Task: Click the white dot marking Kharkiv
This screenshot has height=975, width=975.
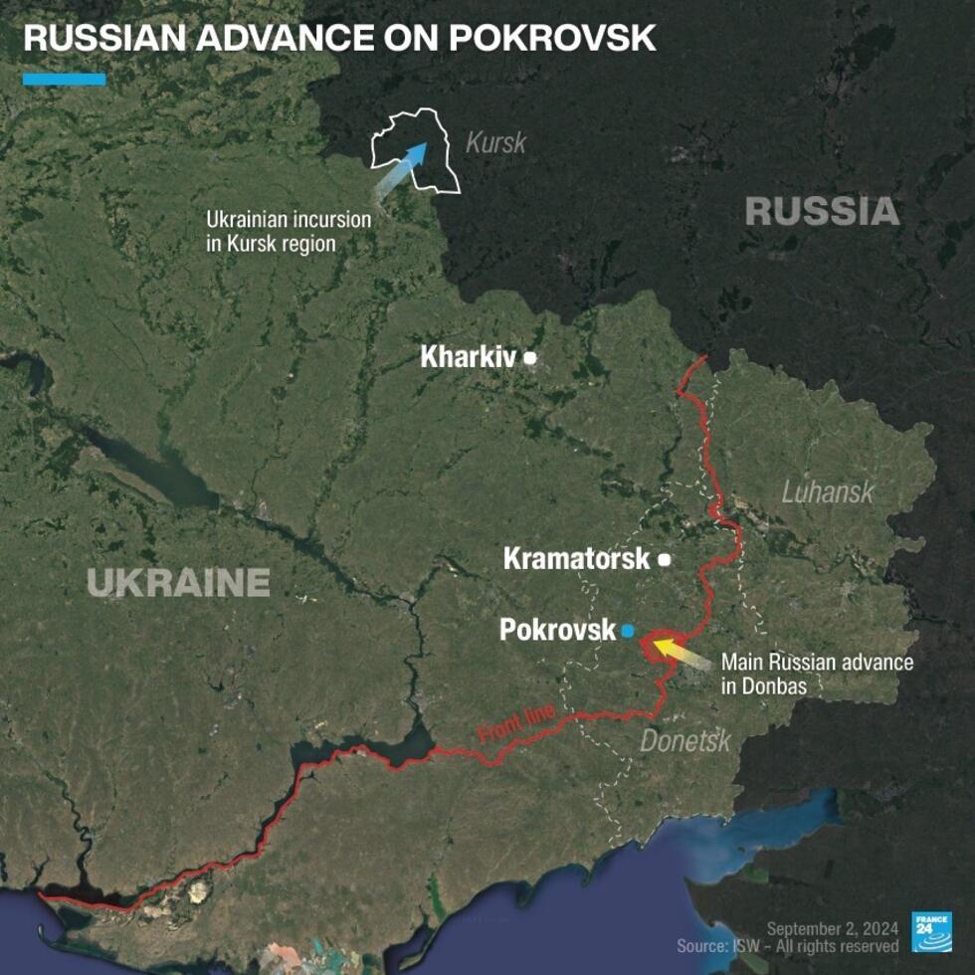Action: tap(530, 357)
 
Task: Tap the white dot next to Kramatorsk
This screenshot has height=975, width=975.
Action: tap(665, 560)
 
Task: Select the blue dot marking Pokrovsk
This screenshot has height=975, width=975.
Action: tap(628, 631)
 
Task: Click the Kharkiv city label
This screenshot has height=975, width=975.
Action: tap(469, 357)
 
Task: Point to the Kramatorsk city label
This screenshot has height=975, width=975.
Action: tap(576, 559)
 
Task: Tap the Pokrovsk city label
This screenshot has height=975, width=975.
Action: tap(557, 631)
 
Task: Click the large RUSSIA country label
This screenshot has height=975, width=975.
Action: tap(822, 211)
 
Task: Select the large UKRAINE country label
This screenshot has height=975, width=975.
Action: tap(178, 582)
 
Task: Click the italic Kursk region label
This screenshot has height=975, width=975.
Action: tap(495, 142)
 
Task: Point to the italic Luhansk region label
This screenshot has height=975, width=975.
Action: tap(827, 490)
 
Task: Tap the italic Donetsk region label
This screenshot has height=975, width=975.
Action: tap(684, 741)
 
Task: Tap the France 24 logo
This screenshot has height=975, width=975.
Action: tap(931, 931)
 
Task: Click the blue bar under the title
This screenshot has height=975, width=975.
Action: tap(64, 80)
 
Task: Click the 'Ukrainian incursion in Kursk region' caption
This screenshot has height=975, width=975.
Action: tap(288, 231)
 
